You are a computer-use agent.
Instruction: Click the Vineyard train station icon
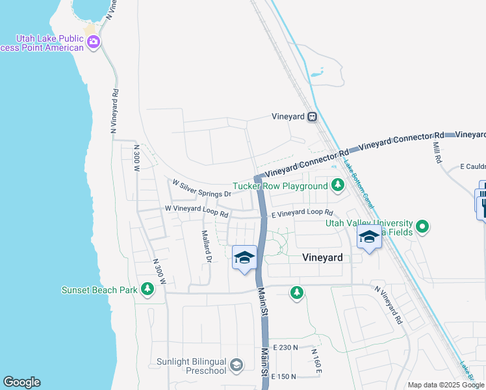click(313, 117)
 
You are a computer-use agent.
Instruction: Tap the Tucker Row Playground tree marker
click(337, 186)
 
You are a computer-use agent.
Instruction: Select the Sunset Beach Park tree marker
click(147, 289)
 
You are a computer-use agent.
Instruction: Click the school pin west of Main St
click(244, 259)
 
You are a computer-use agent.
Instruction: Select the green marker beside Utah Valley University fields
click(423, 227)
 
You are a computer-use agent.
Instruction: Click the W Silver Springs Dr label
click(201, 190)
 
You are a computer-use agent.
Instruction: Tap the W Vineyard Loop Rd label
click(196, 211)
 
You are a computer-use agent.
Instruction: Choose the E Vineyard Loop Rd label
click(301, 213)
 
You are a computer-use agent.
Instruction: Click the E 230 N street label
click(285, 348)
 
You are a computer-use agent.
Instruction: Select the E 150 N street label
click(285, 376)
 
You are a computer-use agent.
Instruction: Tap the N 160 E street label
click(316, 359)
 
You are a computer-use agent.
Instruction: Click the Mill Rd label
click(437, 153)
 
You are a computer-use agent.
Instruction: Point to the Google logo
click(21, 382)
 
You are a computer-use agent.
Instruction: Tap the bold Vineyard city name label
click(322, 257)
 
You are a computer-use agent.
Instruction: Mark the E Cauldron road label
click(472, 167)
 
